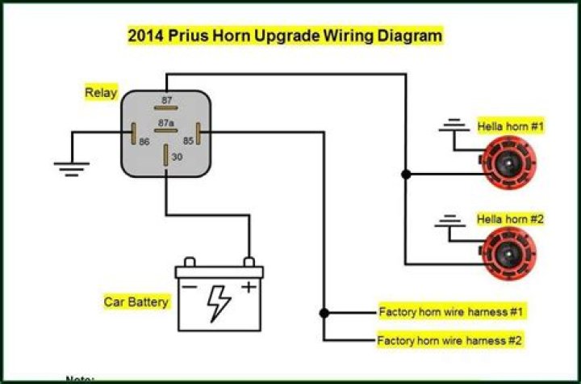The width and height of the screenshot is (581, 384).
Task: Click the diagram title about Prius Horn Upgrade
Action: point(286,36)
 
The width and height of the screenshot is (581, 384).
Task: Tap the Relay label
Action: point(100,92)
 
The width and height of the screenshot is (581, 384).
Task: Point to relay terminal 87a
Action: point(166,124)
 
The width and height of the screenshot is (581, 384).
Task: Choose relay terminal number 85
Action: point(188,141)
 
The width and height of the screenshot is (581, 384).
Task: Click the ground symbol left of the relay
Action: point(72,168)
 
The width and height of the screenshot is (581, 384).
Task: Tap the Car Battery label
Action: point(136,302)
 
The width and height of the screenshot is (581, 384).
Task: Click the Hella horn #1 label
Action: point(511,127)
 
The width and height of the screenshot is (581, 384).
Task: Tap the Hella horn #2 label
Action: point(511,218)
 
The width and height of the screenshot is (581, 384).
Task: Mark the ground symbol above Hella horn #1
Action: point(455,125)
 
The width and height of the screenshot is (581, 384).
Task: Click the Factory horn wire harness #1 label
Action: point(452,311)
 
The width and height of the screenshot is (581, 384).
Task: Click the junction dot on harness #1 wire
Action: point(324,312)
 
